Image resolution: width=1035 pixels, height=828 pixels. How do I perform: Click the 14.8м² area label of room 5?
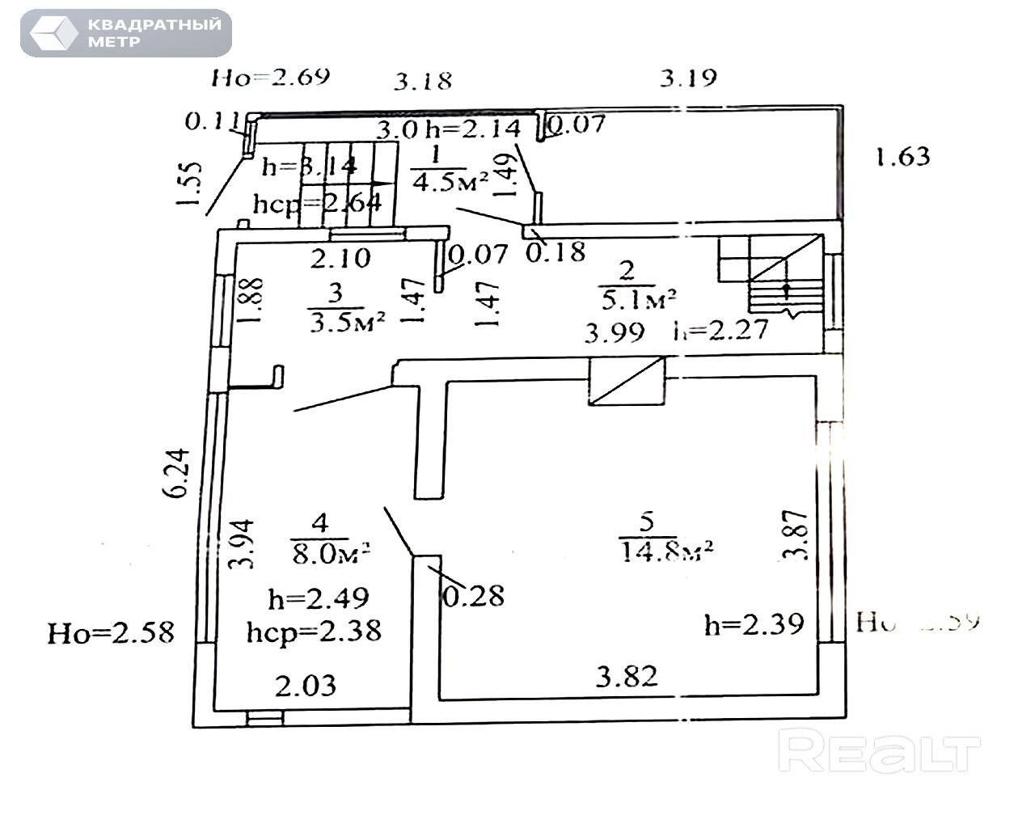tap(665, 552)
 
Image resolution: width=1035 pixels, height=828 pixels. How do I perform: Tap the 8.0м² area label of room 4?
tap(330, 552)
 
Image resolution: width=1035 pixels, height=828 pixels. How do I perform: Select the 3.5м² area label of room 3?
tap(345, 321)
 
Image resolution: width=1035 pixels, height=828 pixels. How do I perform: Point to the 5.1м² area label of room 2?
tap(637, 300)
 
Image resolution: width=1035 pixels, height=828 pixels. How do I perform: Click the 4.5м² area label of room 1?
tap(450, 181)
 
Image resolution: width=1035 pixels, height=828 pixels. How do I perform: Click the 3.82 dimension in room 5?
tap(627, 675)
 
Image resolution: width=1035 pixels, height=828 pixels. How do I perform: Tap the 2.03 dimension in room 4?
tap(305, 686)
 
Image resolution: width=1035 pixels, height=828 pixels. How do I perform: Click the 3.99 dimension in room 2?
tap(615, 332)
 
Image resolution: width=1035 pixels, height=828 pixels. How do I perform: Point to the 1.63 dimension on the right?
tap(902, 155)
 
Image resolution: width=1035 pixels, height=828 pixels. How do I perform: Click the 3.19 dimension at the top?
tap(688, 78)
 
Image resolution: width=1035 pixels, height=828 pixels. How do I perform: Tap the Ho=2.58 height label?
tap(111, 632)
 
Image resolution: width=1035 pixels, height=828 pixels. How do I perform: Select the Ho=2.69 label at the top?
tap(271, 77)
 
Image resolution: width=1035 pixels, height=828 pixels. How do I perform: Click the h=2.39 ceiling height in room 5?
tap(754, 623)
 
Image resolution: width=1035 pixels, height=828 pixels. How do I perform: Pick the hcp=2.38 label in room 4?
tap(314, 630)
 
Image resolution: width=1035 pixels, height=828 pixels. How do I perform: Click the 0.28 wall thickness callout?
tap(474, 596)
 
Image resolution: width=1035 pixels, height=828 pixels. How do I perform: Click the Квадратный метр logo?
tap(126, 33)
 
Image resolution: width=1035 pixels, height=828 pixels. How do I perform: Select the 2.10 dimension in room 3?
tap(340, 258)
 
